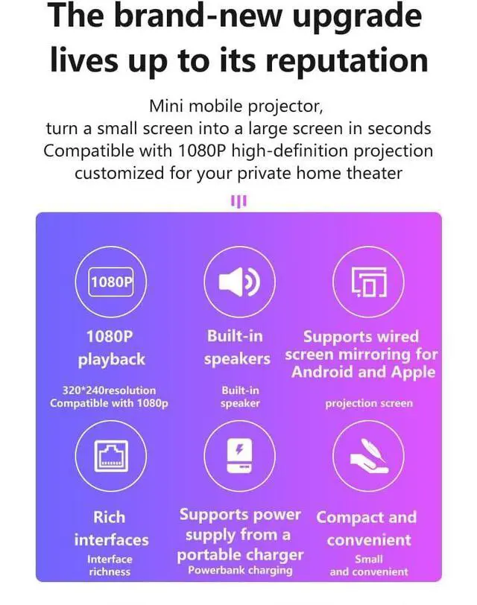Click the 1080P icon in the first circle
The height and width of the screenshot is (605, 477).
[x=112, y=282]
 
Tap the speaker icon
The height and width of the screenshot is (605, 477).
[x=238, y=282]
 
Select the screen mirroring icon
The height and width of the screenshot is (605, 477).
[x=368, y=282]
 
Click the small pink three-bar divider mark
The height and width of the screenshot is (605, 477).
[x=238, y=200]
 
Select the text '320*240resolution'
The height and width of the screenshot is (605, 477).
[x=110, y=390]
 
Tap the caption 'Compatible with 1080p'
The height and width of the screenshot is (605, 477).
[x=110, y=403]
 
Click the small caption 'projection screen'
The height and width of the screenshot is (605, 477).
[x=368, y=403]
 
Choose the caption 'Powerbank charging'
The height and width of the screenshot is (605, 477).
[x=239, y=571]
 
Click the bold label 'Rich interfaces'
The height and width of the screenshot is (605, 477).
[x=110, y=528]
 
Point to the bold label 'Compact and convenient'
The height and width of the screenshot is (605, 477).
[x=366, y=528]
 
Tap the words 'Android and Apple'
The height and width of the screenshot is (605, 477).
[x=364, y=371]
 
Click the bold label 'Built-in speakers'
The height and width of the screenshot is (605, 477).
[x=236, y=347]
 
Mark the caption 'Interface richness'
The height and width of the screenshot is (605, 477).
[x=110, y=566]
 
